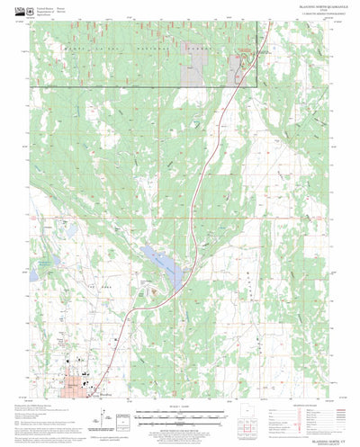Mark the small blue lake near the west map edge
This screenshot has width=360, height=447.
43,264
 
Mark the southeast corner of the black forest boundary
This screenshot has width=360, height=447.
256,86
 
